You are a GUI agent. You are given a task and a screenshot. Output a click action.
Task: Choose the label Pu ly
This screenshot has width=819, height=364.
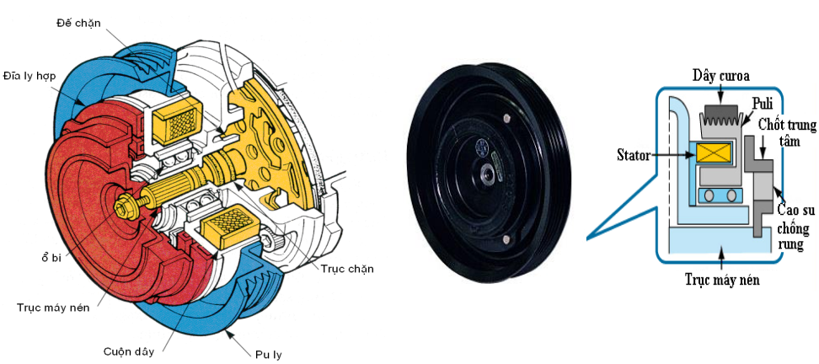(x=270, y=355)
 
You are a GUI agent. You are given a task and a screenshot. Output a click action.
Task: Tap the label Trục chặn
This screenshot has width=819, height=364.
(x=347, y=269)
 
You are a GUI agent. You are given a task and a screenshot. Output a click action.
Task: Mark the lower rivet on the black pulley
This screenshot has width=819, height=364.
(x=505, y=239)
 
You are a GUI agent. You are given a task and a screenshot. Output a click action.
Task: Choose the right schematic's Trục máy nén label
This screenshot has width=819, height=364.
(x=722, y=280)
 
